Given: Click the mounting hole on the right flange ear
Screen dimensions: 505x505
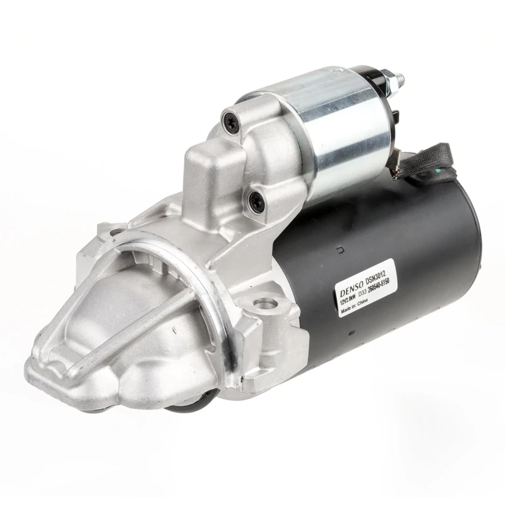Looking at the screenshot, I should click(x=266, y=304).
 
